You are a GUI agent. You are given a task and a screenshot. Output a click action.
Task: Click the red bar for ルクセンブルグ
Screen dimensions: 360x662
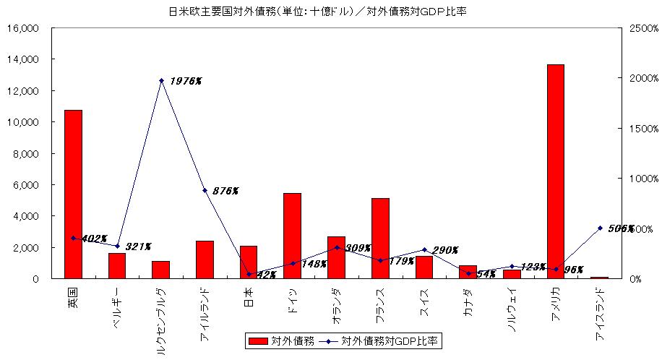click(160, 270)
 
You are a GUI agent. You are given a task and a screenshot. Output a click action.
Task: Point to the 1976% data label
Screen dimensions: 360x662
click(186, 81)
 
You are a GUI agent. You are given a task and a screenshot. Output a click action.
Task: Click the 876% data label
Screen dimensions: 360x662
click(225, 191)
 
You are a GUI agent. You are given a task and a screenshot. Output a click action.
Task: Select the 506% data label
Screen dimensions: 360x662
click(621, 228)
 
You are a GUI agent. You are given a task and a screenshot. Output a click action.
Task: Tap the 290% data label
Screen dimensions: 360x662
click(445, 250)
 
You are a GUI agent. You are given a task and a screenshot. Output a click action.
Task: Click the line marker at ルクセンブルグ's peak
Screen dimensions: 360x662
click(161, 81)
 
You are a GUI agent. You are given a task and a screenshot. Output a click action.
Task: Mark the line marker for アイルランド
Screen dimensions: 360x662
click(205, 191)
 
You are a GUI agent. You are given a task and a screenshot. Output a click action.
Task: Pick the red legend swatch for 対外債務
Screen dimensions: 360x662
click(258, 340)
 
